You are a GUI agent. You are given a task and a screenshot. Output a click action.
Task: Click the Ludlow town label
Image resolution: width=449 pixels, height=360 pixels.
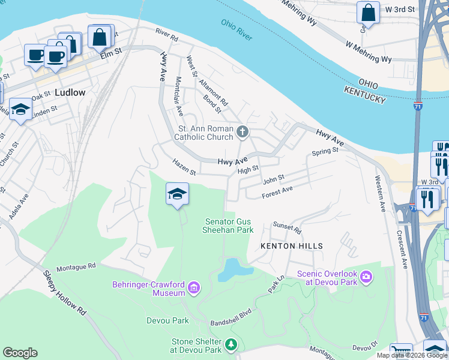point(70,93)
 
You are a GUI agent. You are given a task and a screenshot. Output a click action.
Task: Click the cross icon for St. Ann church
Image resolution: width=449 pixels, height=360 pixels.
point(243,131)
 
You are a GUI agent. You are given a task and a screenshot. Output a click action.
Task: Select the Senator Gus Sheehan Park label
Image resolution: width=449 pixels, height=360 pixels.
point(229,226)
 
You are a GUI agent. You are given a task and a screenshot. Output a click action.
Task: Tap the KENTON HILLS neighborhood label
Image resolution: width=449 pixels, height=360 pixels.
point(291,246)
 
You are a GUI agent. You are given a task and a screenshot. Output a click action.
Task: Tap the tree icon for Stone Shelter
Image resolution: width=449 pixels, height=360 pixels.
point(231,345)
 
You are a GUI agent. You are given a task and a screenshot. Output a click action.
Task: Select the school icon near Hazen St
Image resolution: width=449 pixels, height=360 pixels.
point(177,194)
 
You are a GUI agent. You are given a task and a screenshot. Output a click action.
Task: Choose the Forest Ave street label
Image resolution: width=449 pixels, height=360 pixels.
point(277,192)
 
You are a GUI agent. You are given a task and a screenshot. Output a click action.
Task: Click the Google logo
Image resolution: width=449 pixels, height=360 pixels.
point(20,353)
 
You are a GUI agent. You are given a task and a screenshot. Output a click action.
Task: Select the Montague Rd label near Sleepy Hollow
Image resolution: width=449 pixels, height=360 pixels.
point(76,266)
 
